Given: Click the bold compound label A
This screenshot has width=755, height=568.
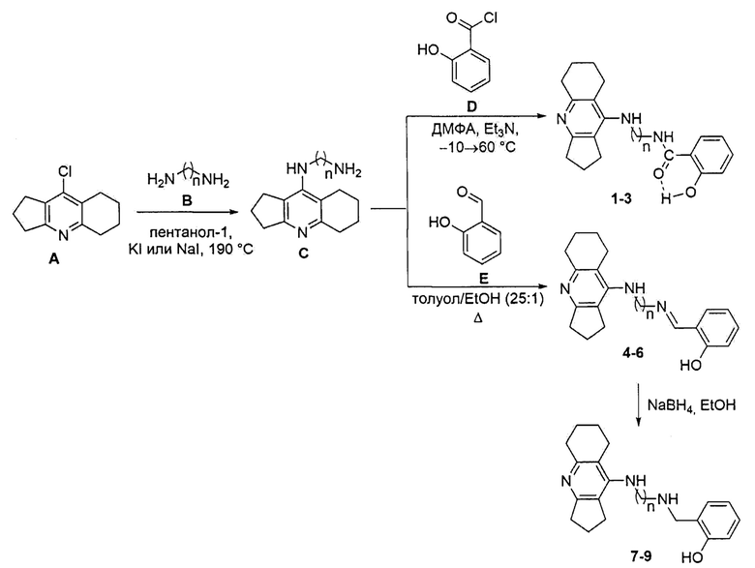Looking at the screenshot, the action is coord(54,259).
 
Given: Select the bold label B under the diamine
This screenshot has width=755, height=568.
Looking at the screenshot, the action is coord(187,201).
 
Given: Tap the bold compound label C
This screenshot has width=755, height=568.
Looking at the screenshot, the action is coord(303,253).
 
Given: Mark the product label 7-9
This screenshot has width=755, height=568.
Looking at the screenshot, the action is coord(640,556).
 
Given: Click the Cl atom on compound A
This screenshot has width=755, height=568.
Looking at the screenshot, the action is coord(66,172).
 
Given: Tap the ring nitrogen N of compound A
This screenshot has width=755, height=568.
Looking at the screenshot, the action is coord(65,234).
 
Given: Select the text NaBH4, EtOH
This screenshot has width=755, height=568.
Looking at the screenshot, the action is coord(691,405).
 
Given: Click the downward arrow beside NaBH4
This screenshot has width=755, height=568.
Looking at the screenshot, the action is coord(639,404).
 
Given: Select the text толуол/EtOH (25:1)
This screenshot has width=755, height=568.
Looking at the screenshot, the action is coord(477,300).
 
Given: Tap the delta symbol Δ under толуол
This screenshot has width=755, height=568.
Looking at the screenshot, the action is coord(477,318).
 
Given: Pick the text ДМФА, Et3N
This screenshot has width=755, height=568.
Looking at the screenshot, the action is coord(473,129).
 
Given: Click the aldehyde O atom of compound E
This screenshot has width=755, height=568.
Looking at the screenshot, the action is coord(463,193).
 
